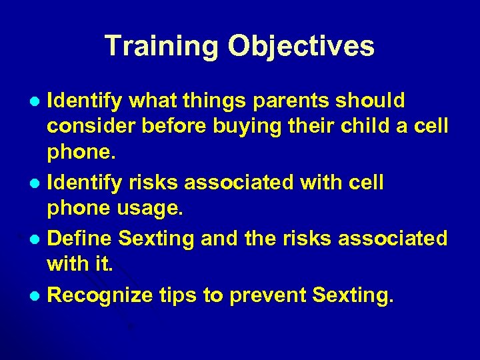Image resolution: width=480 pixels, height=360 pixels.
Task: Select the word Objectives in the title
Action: click(301, 47)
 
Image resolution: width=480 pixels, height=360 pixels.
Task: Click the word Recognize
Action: click(100, 295)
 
